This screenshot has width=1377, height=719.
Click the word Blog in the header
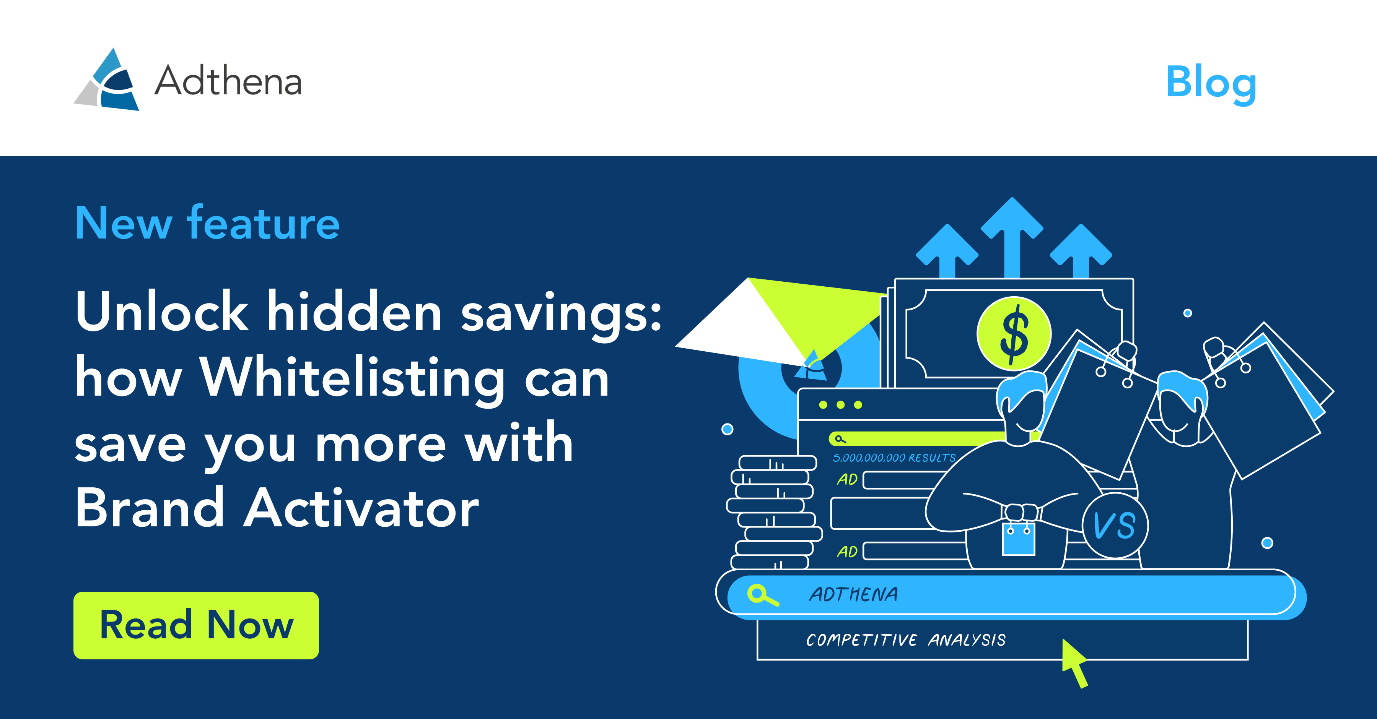1211,83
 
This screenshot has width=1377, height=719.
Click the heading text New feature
207,223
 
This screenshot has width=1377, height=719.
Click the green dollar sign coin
1014,333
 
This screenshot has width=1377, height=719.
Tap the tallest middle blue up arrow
1012,238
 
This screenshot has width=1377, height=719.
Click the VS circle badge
1115,525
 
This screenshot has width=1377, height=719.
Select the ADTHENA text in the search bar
854,594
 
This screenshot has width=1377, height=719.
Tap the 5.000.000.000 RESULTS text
894,458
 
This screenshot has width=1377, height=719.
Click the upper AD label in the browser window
847,479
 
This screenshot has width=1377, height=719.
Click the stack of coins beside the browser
773,512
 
